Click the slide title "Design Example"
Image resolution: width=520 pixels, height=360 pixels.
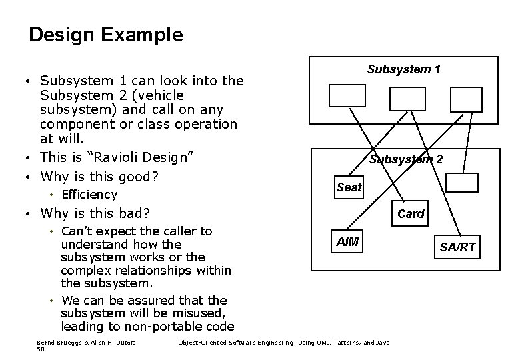point(106,35)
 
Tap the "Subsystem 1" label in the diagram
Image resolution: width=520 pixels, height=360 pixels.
point(403,69)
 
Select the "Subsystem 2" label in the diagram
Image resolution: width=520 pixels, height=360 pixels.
point(405,159)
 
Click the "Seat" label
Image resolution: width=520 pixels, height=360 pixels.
point(349,187)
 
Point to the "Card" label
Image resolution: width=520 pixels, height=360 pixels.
point(411,214)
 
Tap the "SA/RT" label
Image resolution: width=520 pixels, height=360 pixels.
point(457,247)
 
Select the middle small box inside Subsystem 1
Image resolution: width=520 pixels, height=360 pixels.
point(407,98)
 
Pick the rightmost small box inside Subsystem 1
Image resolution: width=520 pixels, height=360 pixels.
point(466,99)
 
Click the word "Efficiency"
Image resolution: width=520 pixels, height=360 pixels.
point(89,195)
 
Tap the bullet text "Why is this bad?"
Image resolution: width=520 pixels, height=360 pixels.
point(95,213)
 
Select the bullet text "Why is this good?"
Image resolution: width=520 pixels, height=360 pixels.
point(98,177)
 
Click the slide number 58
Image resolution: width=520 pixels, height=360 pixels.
point(41,349)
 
